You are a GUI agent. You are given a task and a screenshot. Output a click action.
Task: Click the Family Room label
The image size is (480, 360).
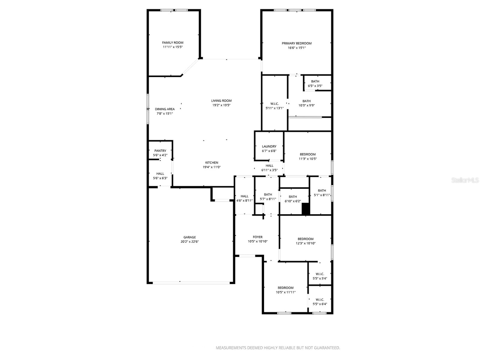coord(172,43)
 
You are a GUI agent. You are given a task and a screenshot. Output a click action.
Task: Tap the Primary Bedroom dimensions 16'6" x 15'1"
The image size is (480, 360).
coord(296,48)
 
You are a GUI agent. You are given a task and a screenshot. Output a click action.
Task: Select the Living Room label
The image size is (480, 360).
coord(221,101)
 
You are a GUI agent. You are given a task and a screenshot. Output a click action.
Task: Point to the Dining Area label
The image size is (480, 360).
coord(165,109)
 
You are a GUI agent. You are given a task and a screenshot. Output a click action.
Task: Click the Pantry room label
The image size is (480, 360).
coord(160,151)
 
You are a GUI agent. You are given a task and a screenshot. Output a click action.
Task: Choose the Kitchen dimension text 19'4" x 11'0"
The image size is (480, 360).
coord(211,167)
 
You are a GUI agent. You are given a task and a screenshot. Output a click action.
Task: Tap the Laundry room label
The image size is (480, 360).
coord(269,146)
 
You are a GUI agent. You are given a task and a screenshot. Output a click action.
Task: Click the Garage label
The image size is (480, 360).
coord(190,237)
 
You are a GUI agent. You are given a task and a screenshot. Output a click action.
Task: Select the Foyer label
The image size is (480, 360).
coord(257,237)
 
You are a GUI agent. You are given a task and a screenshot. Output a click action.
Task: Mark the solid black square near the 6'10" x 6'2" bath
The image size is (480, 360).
coord(306,209)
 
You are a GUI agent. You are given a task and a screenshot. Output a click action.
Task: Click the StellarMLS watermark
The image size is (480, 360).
coord(465,180)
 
